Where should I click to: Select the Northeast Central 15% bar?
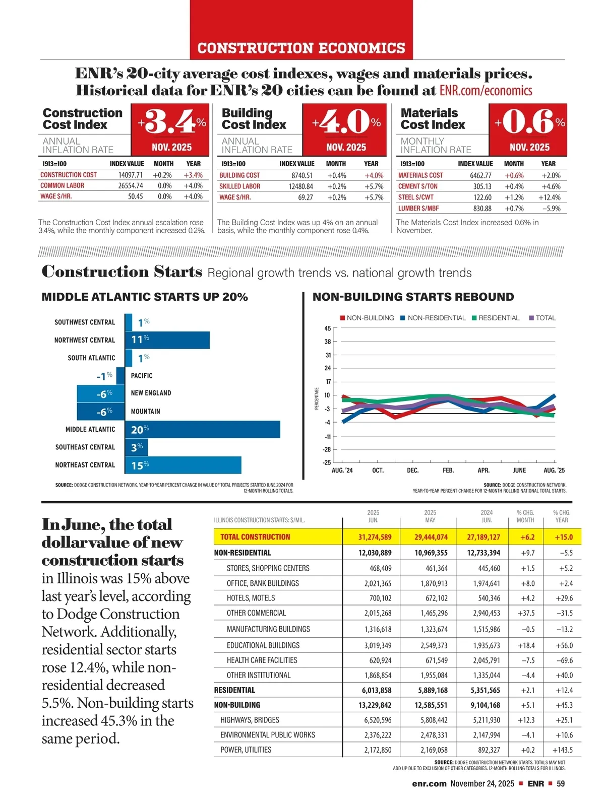(x=183, y=465)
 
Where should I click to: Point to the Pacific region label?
(x=142, y=376)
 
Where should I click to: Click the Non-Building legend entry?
(x=367, y=318)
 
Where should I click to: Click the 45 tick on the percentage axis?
(x=328, y=328)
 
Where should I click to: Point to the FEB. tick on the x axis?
(x=448, y=470)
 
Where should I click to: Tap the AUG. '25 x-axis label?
(x=554, y=470)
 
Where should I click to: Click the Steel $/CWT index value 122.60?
(x=482, y=197)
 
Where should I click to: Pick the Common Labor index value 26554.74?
(x=131, y=185)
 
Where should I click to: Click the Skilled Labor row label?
(x=239, y=186)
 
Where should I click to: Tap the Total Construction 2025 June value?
(x=375, y=537)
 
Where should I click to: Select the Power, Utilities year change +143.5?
(x=563, y=750)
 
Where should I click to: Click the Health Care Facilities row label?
(x=262, y=660)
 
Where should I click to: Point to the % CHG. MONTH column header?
(x=525, y=516)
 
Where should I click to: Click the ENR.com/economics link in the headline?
(x=486, y=91)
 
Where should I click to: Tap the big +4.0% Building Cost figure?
(x=346, y=122)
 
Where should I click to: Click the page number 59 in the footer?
(x=561, y=783)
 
